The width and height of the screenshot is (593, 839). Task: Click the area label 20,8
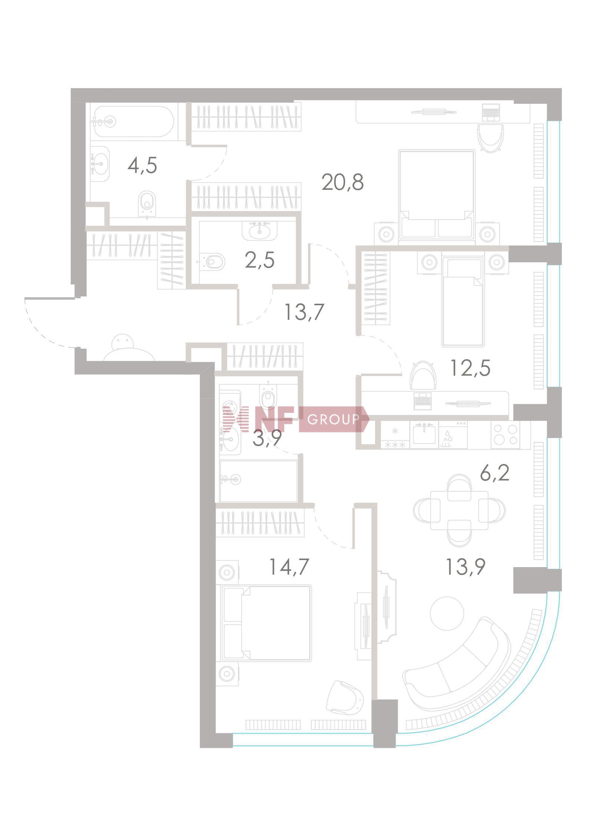point(342,182)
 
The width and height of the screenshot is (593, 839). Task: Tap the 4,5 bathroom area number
point(142,165)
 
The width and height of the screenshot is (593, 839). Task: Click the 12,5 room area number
point(470,368)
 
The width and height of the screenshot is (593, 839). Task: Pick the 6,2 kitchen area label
point(495,474)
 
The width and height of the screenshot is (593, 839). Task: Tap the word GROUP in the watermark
point(333,419)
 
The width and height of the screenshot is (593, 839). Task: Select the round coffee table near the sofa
point(447,613)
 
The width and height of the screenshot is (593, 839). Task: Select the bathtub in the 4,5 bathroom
point(133,121)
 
